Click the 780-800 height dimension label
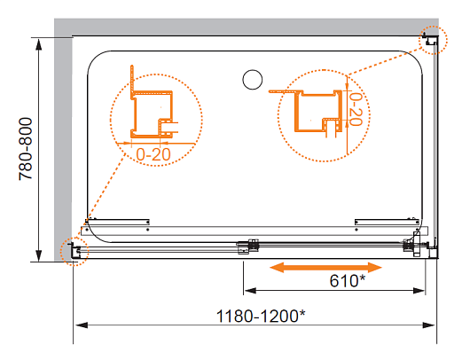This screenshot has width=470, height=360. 25,149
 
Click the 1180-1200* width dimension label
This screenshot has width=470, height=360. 261,317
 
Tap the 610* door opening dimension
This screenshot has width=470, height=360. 348,281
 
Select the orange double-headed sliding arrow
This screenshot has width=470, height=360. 325,268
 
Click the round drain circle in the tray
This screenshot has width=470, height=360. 253,80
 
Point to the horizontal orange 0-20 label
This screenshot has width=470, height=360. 153,154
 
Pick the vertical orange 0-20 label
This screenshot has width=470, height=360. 356,109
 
